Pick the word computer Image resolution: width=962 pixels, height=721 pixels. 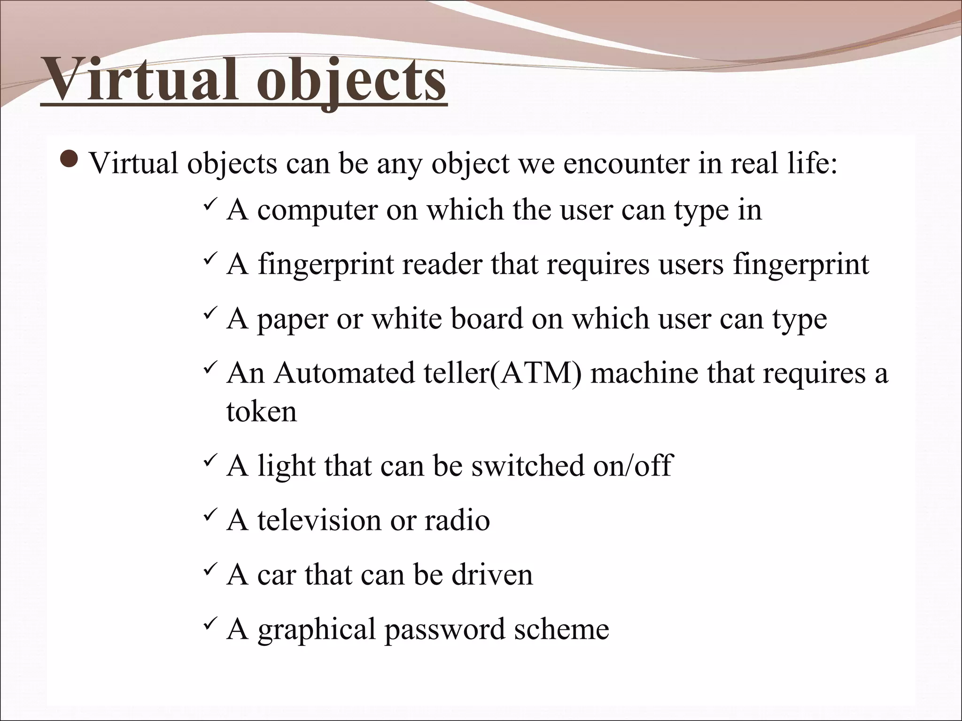[x=318, y=210]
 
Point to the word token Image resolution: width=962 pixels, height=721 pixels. [x=261, y=412]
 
